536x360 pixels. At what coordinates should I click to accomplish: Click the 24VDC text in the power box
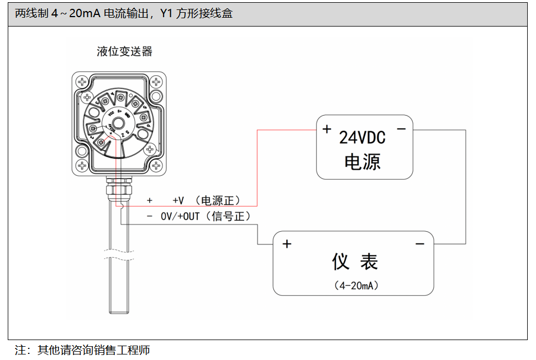(362, 138)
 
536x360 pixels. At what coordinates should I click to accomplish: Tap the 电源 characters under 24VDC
(362, 161)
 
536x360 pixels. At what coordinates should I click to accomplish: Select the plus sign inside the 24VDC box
(327, 129)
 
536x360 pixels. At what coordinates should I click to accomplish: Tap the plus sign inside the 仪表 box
(287, 244)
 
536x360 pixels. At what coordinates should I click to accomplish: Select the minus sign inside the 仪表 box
(420, 244)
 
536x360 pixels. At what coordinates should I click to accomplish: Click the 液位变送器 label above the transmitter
(124, 52)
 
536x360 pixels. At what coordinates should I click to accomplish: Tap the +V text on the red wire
(178, 201)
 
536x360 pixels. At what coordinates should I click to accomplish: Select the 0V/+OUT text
(180, 217)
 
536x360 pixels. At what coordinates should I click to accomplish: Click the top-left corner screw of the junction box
(82, 82)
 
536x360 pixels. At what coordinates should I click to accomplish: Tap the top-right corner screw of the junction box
(157, 82)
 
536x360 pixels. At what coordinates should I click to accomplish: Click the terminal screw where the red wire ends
(102, 143)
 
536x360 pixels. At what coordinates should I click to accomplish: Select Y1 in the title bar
(166, 13)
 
